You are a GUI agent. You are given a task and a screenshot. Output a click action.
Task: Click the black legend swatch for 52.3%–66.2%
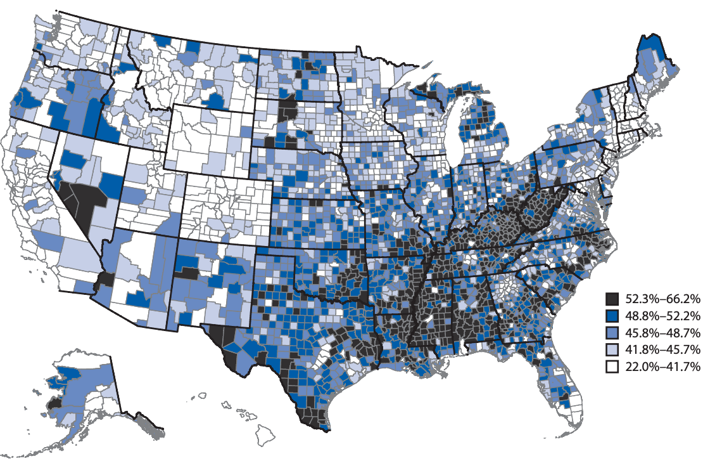coord(612,298)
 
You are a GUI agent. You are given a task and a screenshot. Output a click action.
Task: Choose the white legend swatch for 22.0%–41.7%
coord(612,367)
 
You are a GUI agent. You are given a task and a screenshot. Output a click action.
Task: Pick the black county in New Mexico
coord(186,273)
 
